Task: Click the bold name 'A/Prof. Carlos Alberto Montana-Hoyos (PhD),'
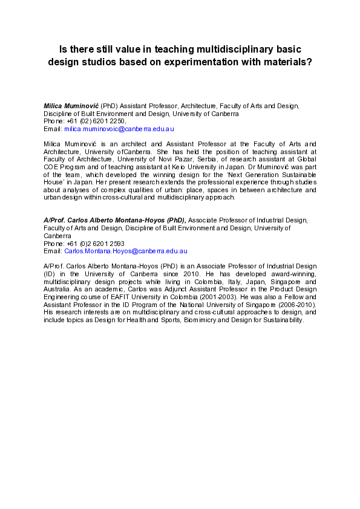point(114,220)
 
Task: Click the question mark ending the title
point(309,62)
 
